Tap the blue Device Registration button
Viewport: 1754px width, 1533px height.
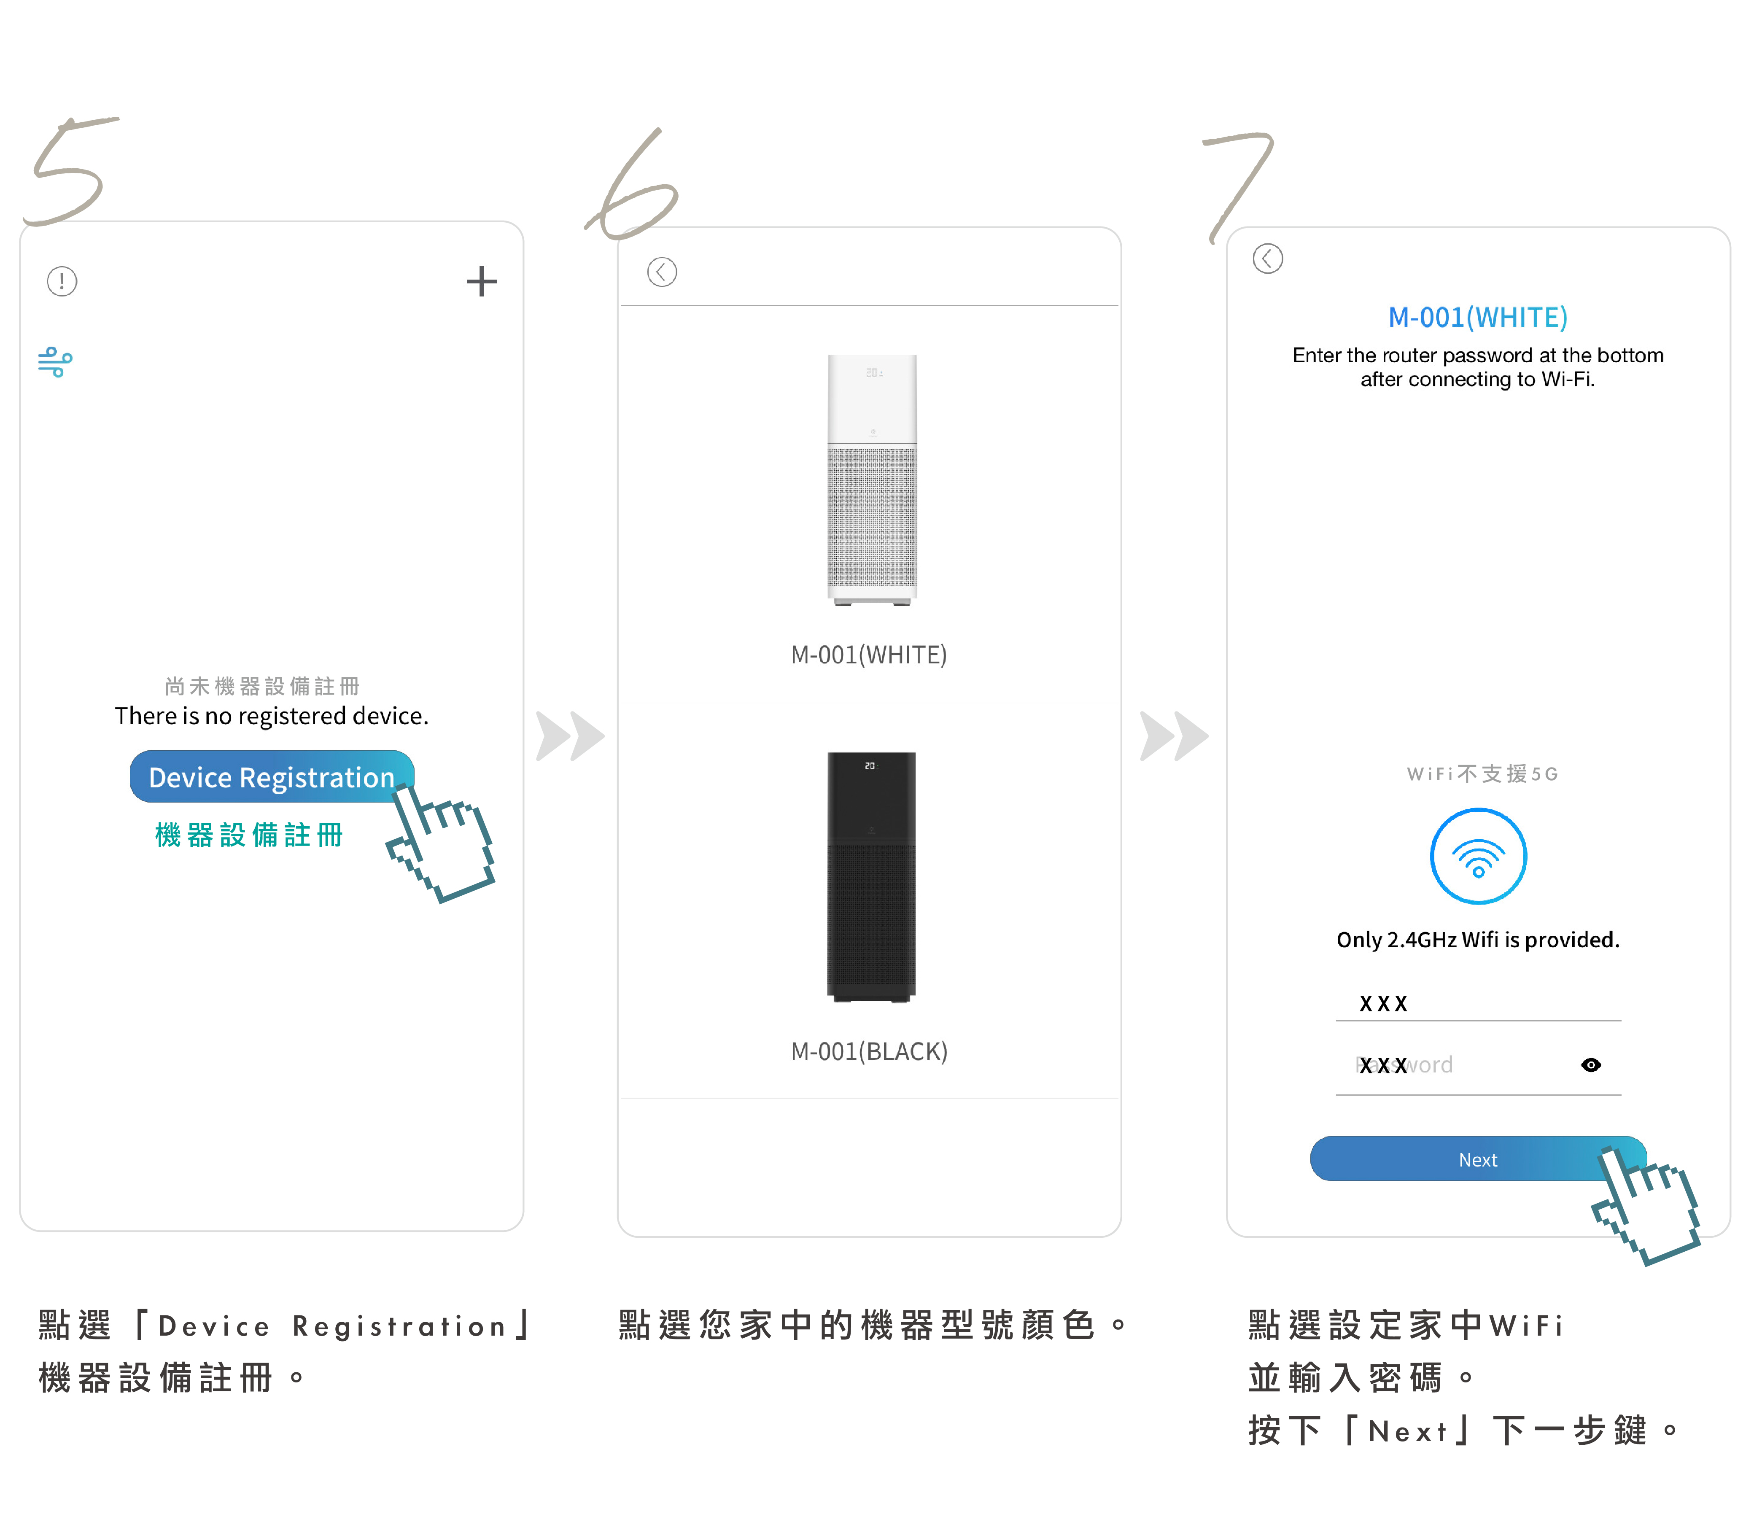click(x=271, y=777)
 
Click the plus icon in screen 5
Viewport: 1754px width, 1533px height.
click(x=482, y=281)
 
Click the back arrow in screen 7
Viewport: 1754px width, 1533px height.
click(x=1267, y=259)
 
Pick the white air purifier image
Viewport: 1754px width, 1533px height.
click(x=872, y=480)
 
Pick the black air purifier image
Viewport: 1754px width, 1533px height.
click(x=871, y=877)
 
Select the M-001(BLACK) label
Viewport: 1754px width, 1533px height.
click(x=869, y=1051)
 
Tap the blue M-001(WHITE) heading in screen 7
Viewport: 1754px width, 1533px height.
click(x=1478, y=318)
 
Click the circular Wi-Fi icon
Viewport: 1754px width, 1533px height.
click(x=1479, y=856)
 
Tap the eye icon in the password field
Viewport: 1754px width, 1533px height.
click(x=1591, y=1065)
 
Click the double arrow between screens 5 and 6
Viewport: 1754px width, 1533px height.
click(x=570, y=736)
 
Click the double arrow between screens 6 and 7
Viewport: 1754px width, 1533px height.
click(x=1174, y=736)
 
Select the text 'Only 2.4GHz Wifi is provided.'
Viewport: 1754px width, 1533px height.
click(x=1478, y=939)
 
